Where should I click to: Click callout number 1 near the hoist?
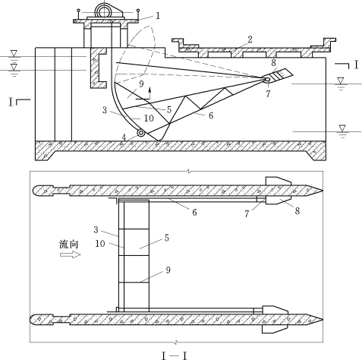point(158,16)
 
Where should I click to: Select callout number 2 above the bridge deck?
point(250,39)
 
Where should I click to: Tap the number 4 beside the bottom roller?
point(124,137)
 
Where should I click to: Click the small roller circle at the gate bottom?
point(140,133)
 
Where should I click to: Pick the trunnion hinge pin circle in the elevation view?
point(267,80)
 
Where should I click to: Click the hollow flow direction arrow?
point(71,254)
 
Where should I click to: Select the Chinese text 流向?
point(69,245)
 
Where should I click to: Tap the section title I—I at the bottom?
point(175,355)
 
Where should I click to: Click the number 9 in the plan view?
point(168,270)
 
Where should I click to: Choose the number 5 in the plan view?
point(167,238)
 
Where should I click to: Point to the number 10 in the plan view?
point(100,244)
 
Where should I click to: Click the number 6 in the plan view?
point(194,212)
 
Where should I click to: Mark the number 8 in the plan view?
point(297,210)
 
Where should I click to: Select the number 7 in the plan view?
point(247,214)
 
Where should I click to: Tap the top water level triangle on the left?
point(14,53)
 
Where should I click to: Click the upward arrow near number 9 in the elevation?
point(150,93)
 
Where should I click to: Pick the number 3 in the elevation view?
point(105,110)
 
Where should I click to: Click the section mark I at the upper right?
point(357,65)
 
